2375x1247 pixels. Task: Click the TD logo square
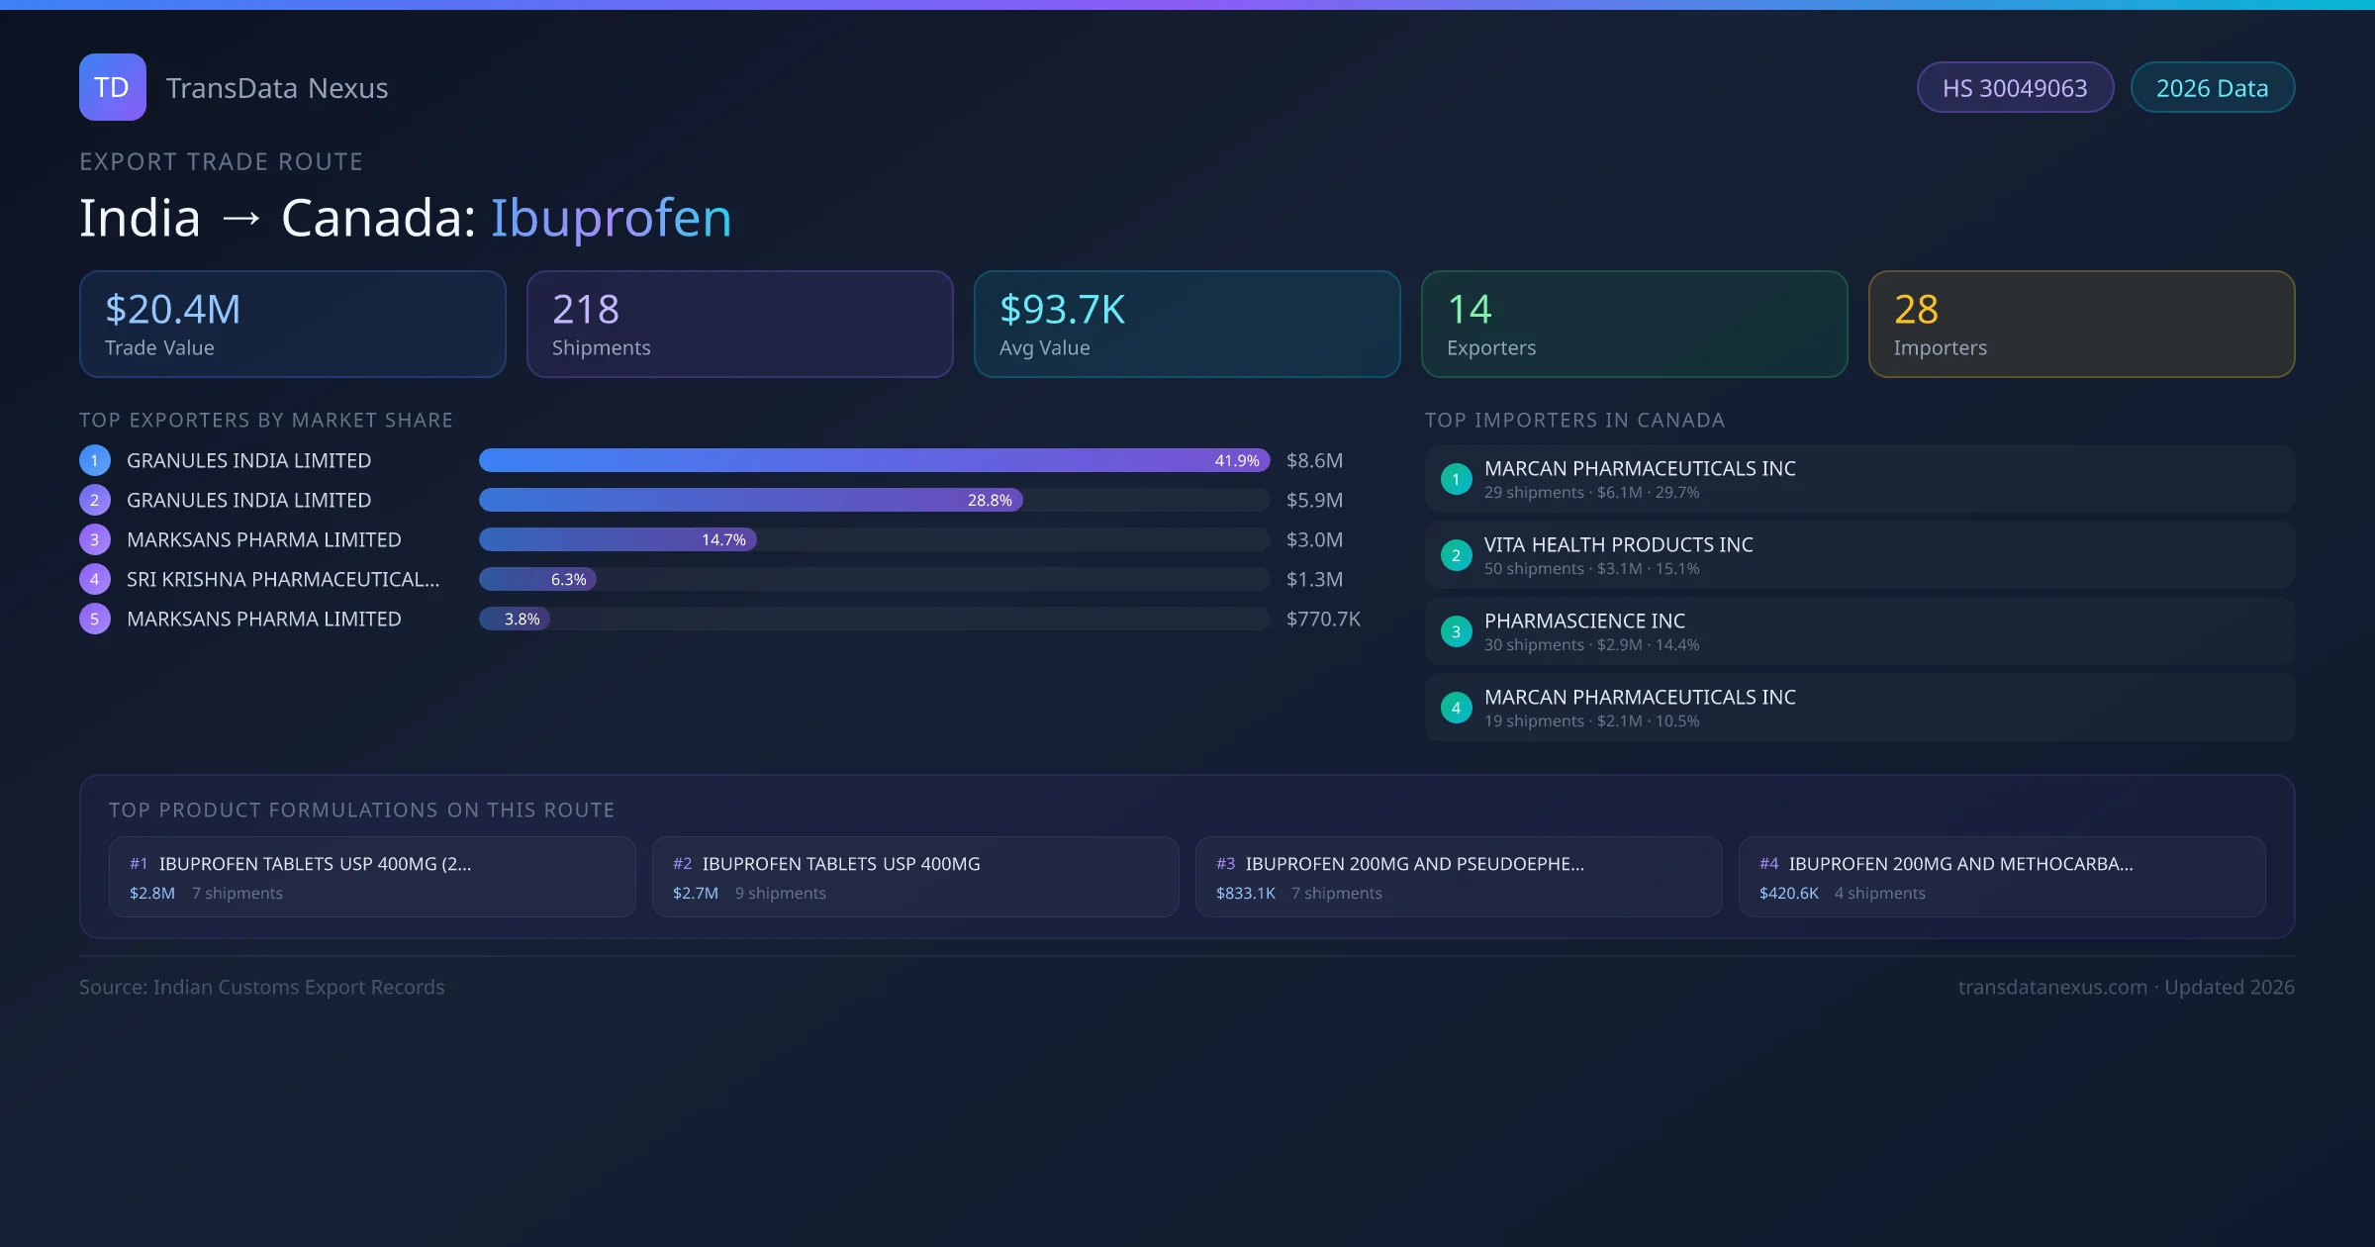tap(112, 87)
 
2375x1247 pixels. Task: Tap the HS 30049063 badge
tap(2014, 88)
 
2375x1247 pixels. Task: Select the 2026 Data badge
tap(2212, 88)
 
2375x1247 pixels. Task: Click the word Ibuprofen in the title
tap(611, 218)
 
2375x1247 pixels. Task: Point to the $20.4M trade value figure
tap(173, 310)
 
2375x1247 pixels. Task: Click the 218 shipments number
tap(586, 310)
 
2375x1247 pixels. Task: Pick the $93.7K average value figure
tap(1062, 310)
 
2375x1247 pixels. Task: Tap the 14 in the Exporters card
tap(1469, 310)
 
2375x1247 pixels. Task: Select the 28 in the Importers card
tap(1916, 310)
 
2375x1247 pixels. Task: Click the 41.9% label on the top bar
tap(1236, 460)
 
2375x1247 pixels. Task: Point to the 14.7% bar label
tap(723, 539)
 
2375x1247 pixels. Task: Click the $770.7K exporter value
tap(1323, 619)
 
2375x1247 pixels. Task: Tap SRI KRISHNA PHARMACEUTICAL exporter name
tap(283, 579)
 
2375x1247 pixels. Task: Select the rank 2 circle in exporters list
tap(95, 500)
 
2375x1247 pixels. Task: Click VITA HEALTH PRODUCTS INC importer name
tap(1618, 544)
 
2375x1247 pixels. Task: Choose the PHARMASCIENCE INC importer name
tap(1584, 621)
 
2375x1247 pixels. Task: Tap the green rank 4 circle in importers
tap(1456, 708)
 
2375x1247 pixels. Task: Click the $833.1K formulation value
tap(1245, 893)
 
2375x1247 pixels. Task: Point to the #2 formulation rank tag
tap(683, 864)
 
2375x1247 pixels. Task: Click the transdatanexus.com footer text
tap(2052, 987)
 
